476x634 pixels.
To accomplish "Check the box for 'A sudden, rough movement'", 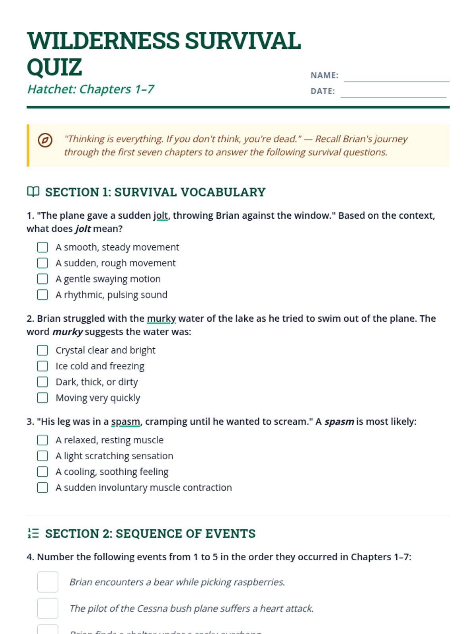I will pos(42,263).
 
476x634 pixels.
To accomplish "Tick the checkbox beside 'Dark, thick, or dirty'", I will pos(42,382).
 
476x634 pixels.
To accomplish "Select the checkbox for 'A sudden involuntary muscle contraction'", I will pos(42,487).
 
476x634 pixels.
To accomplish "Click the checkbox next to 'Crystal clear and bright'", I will pos(42,350).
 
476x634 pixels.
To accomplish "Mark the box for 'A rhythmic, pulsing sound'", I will pos(42,295).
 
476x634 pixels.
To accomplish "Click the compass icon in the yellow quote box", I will pos(45,140).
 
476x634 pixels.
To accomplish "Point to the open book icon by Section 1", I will pos(33,192).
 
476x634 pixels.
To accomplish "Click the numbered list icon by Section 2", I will pos(33,533).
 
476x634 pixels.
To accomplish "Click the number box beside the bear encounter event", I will pos(48,582).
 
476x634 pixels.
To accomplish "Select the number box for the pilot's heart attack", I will pos(48,608).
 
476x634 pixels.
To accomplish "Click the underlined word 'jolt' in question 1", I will pos(161,216).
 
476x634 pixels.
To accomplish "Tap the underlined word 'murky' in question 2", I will pos(161,319).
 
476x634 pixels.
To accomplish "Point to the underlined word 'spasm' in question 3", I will pos(126,422).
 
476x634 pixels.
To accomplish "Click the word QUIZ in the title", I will pos(55,67).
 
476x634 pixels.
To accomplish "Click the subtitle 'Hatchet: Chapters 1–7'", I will pos(91,89).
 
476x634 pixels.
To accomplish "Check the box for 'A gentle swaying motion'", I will pos(42,279).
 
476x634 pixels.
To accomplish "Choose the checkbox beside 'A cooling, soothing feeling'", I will pos(42,472).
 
